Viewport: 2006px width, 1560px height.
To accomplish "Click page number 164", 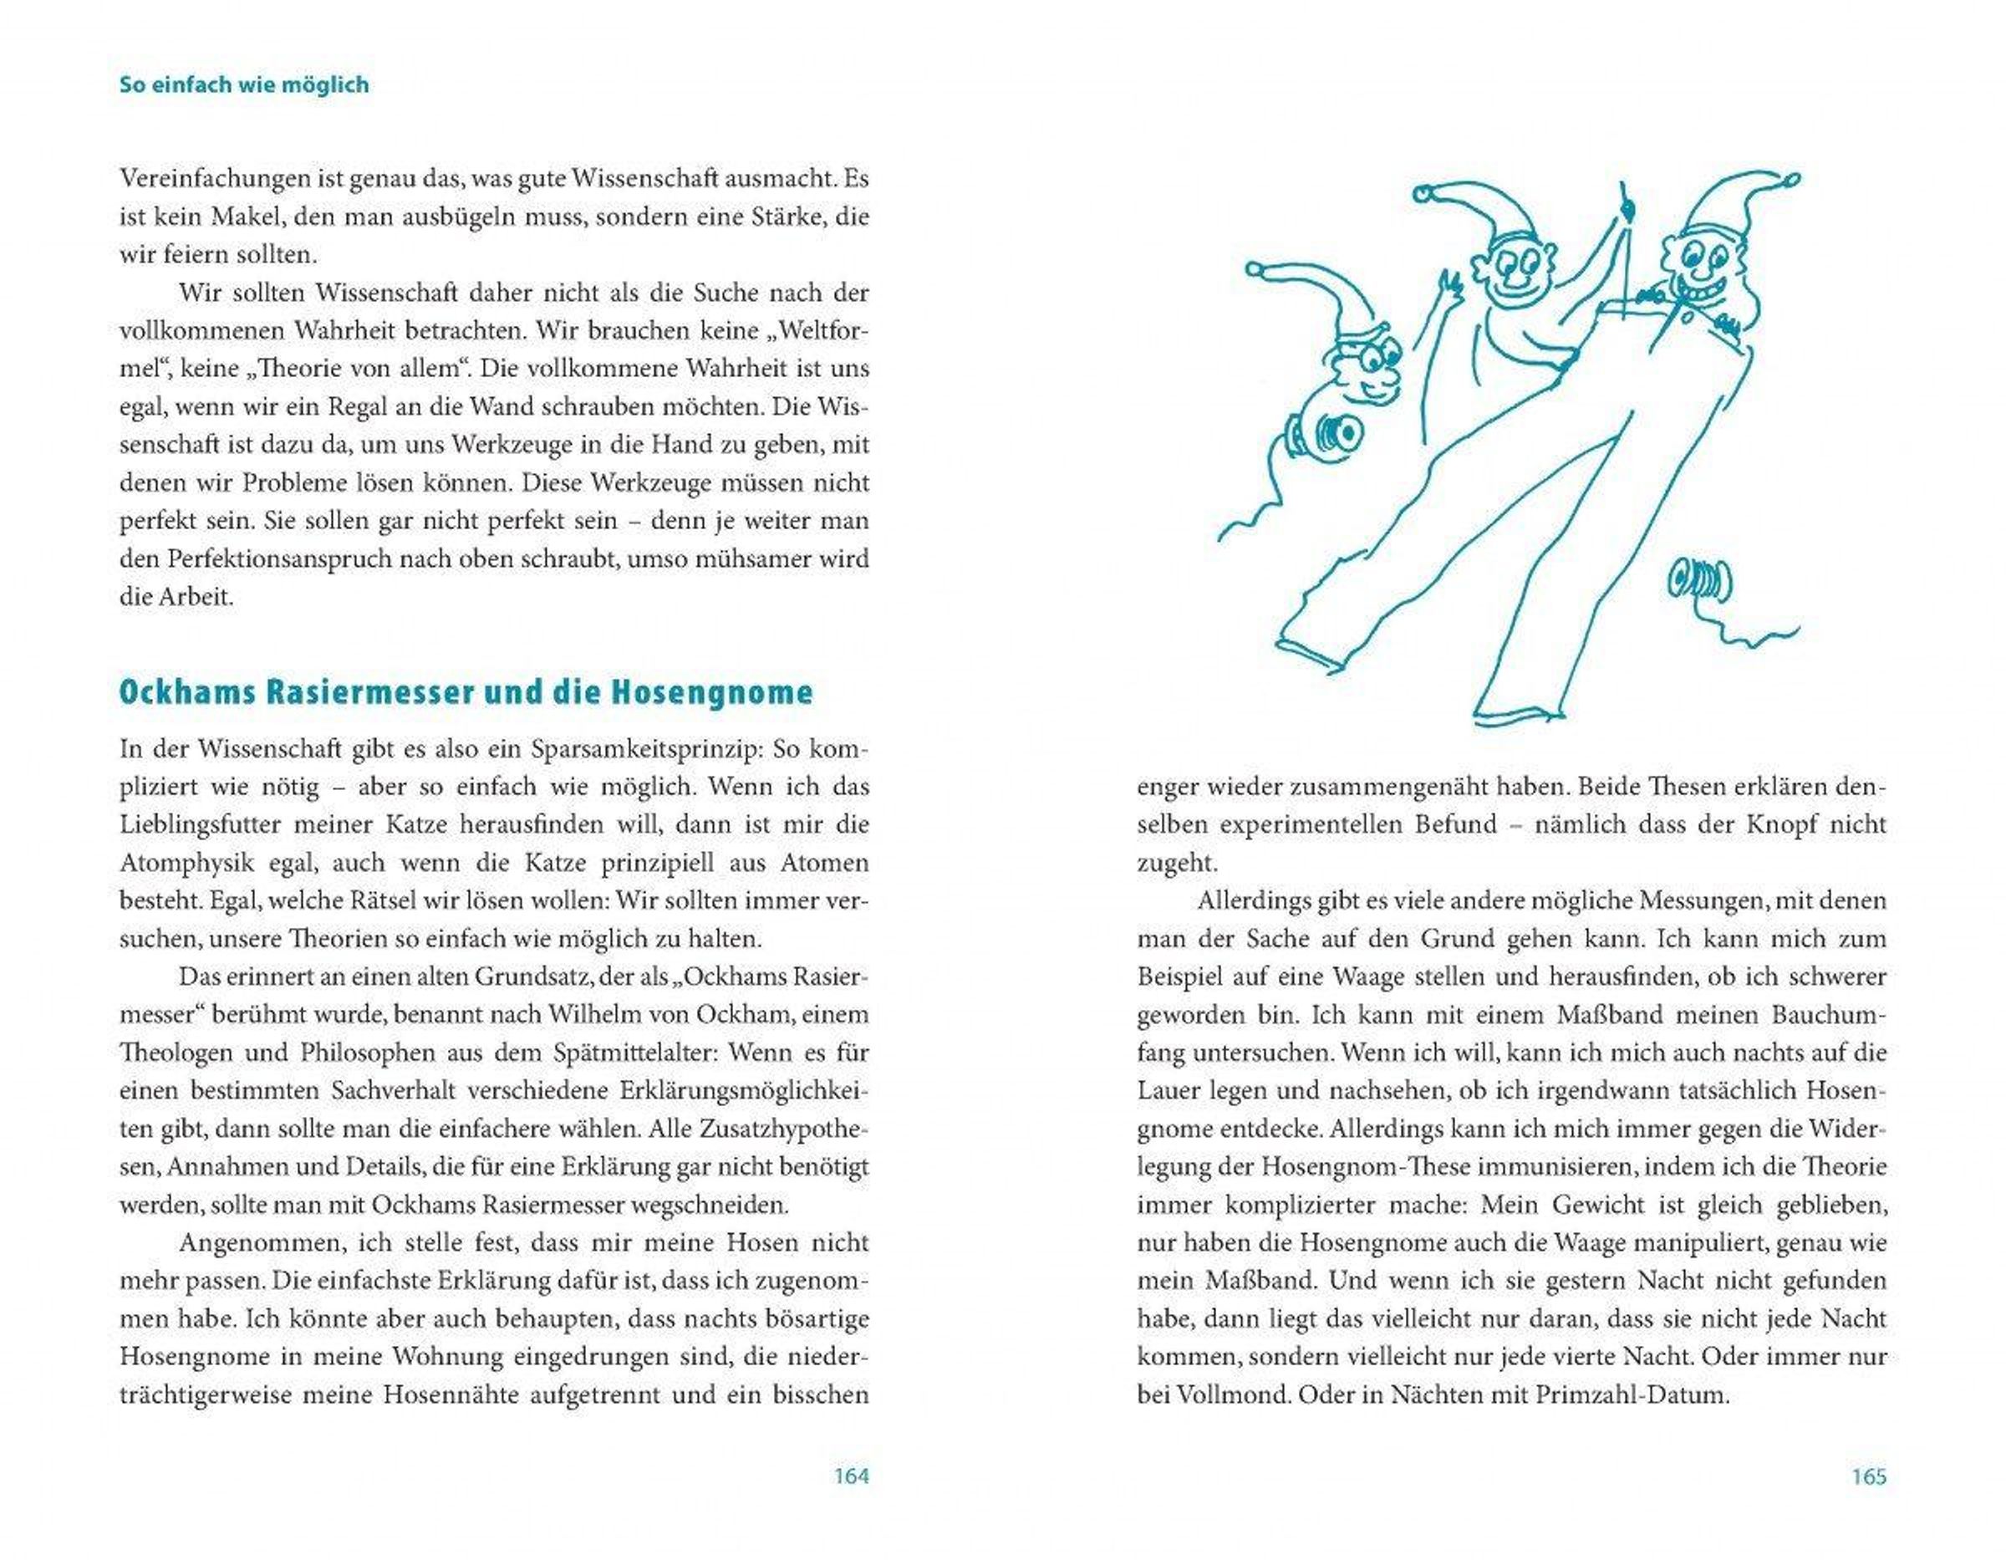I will click(851, 1476).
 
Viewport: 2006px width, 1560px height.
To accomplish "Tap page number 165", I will click(1868, 1476).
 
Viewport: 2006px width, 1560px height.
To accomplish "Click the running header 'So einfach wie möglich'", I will click(244, 84).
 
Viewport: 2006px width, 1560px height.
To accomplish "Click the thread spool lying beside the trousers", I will click(1699, 581).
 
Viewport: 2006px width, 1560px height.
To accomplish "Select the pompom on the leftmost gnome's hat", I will click(1255, 270).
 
